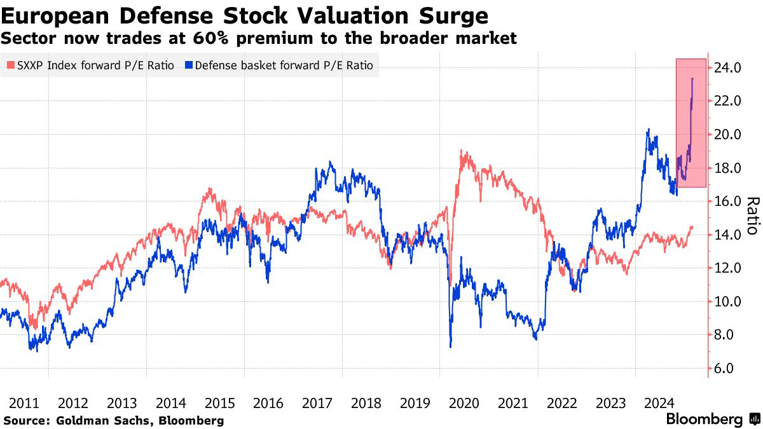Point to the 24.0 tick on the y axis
[728, 67]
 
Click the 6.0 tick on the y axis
[728, 369]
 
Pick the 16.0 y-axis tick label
[728, 201]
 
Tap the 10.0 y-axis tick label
[728, 302]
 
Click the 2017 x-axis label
[317, 403]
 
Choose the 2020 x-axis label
[464, 403]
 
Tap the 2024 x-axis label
[659, 403]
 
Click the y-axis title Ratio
[752, 216]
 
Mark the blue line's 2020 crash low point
[450, 346]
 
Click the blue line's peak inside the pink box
[692, 79]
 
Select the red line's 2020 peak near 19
[462, 153]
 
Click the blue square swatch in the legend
[189, 65]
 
